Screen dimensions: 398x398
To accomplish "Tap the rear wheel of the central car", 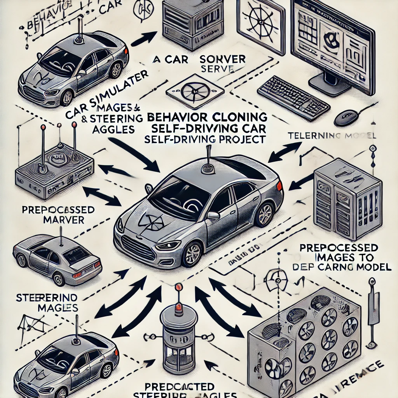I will tap(264, 214).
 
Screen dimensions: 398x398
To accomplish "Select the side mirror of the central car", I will tap(213, 216).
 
